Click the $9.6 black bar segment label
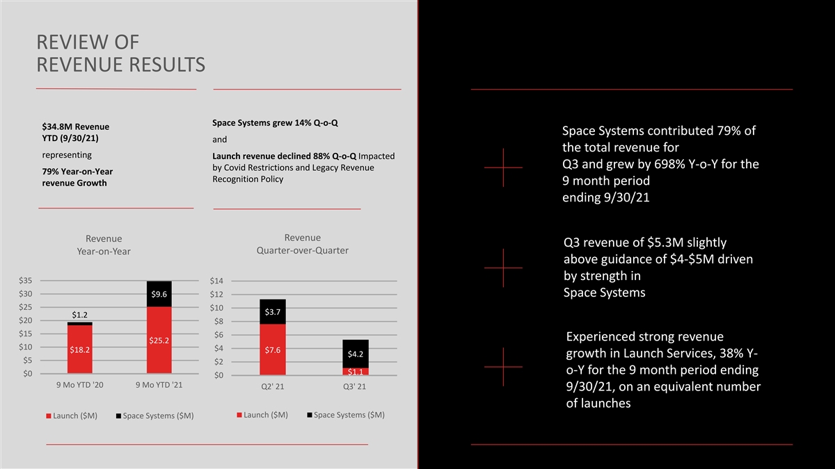click(x=159, y=294)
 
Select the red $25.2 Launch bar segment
click(x=159, y=340)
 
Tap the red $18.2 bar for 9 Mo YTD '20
click(x=80, y=349)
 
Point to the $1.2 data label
click(x=80, y=315)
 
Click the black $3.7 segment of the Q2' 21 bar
click(x=273, y=312)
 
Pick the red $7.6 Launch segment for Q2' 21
click(x=273, y=349)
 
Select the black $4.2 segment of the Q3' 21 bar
click(x=355, y=354)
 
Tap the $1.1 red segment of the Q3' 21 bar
click(x=355, y=372)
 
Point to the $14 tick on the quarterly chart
click(x=216, y=281)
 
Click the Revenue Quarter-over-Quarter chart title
click(x=302, y=244)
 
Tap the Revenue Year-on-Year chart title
click(x=104, y=245)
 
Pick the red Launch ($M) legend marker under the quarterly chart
click(x=239, y=415)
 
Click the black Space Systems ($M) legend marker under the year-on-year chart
click(x=119, y=416)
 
